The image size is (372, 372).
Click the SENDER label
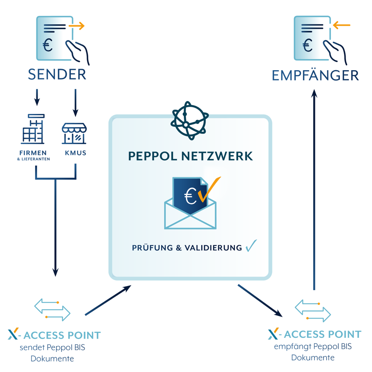[57, 74]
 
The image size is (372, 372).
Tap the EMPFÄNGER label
[315, 75]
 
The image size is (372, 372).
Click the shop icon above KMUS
[74, 133]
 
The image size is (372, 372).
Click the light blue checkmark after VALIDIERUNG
[251, 246]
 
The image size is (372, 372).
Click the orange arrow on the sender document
[76, 26]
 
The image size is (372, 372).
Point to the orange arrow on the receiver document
[341, 26]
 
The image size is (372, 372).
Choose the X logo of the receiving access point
[273, 334]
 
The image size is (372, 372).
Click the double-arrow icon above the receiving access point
[313, 310]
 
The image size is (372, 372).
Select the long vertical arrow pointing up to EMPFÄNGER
[314, 190]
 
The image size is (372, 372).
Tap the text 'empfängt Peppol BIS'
[313, 346]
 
